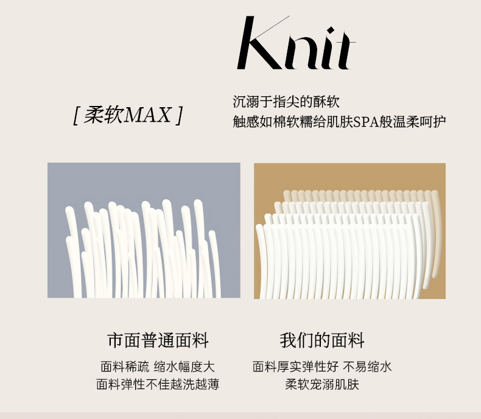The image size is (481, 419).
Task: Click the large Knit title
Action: coord(296,43)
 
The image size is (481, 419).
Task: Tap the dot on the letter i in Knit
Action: coord(331,31)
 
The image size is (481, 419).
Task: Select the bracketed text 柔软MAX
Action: coord(128,115)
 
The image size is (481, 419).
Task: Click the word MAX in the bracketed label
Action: coord(148,115)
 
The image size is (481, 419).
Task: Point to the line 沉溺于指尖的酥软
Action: coord(286,102)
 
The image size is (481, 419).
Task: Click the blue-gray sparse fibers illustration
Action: coord(144,230)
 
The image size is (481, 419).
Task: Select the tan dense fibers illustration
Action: coord(349,231)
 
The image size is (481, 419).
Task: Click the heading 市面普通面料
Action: coord(158,340)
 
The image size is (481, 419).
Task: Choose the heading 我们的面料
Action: coord(322,340)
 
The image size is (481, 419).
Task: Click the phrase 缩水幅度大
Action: coord(184,367)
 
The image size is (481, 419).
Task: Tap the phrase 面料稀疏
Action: coord(125,367)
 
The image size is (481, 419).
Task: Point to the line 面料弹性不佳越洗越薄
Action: coord(158,384)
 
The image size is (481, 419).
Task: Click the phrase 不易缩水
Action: coord(367,367)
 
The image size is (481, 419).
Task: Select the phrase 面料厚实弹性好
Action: coord(295,367)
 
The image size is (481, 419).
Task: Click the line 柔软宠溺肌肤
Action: coord(322,384)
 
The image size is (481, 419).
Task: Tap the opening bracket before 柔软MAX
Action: coord(77,116)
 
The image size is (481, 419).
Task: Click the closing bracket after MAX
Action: coord(179,116)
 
